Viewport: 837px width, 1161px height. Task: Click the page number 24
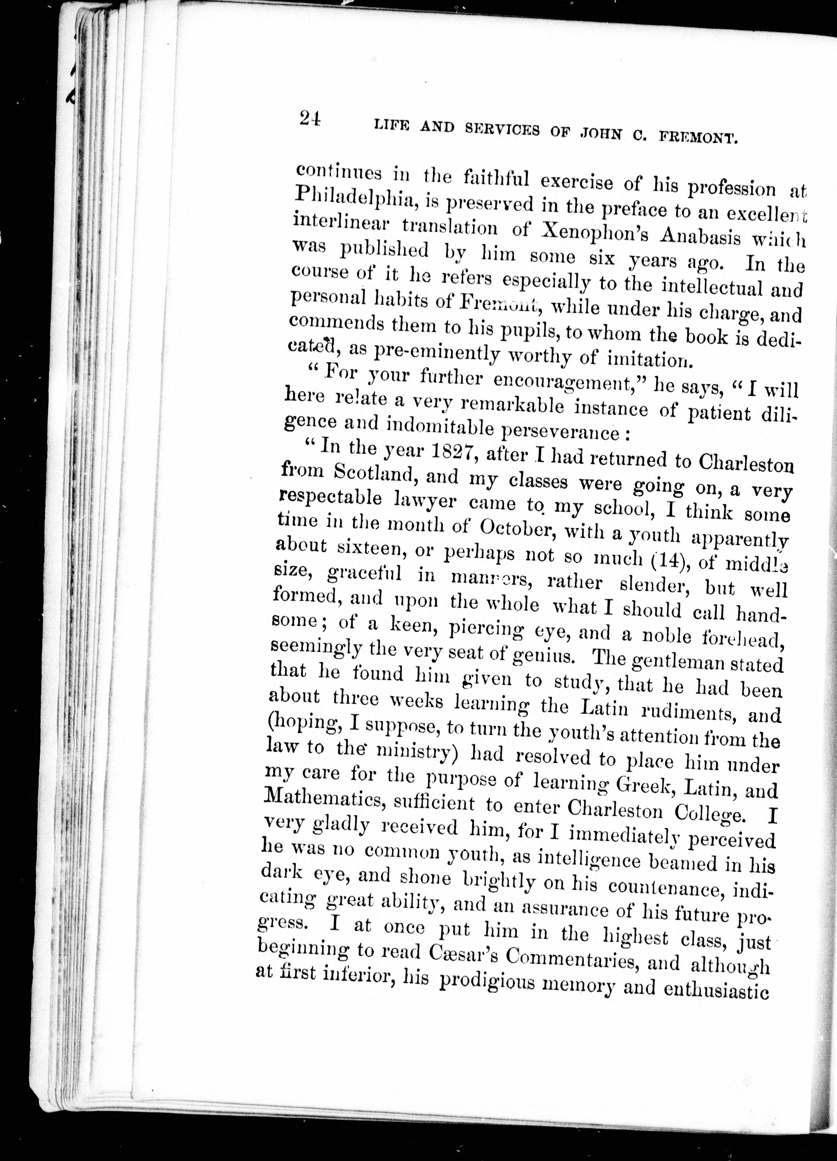[310, 119]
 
